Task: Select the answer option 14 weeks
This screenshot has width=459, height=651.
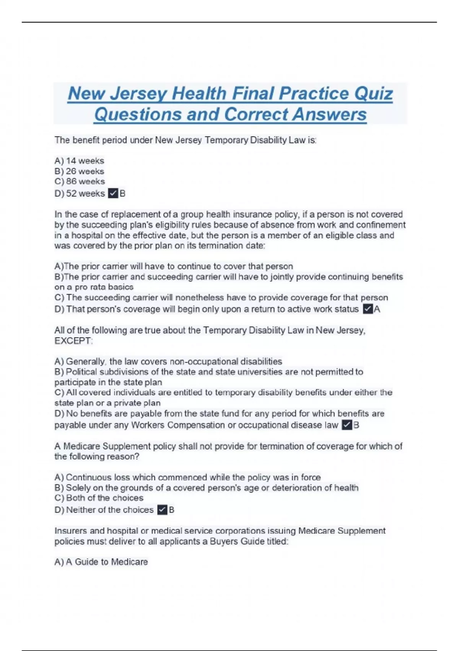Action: tap(80, 161)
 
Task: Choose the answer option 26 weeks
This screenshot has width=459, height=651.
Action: tap(80, 171)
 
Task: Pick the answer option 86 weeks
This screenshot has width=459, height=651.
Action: tap(80, 182)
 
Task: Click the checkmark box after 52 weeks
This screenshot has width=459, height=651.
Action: tap(113, 193)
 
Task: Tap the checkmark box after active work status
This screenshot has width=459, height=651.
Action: tap(368, 309)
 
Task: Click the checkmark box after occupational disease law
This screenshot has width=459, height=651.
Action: tap(347, 425)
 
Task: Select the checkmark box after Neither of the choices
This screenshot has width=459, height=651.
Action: tap(162, 510)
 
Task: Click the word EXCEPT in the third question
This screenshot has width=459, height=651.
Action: tap(73, 341)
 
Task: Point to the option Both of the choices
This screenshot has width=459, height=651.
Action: tap(99, 498)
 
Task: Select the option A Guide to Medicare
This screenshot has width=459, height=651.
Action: tap(101, 562)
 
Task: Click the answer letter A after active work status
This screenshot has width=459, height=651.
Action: tap(377, 309)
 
